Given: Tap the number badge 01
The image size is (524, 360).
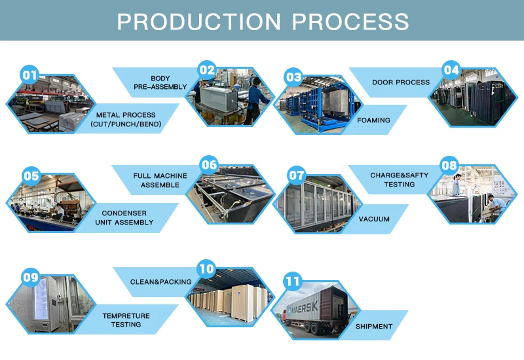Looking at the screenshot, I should coord(30,75).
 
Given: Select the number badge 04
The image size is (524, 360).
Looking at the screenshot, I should coord(451,70).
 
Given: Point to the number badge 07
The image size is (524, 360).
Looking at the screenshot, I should coord(297,175).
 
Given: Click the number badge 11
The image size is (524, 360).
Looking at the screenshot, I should coord(292,282).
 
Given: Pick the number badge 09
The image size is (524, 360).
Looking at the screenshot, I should coord(31,278).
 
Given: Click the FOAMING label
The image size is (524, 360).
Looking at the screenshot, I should coord(373,120).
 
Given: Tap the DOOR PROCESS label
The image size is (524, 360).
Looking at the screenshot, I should coord(401,82).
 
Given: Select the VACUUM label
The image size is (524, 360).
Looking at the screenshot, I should coord(374,219).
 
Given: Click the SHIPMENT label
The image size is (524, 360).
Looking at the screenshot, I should coord(374,326).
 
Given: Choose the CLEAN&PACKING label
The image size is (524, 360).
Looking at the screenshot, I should coord(160,282).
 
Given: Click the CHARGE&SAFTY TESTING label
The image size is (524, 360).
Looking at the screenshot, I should coord(401,180).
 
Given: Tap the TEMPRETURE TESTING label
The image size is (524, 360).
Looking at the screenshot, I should coord(126,320).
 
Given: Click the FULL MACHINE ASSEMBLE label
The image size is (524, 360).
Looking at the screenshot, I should coord(160,180).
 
